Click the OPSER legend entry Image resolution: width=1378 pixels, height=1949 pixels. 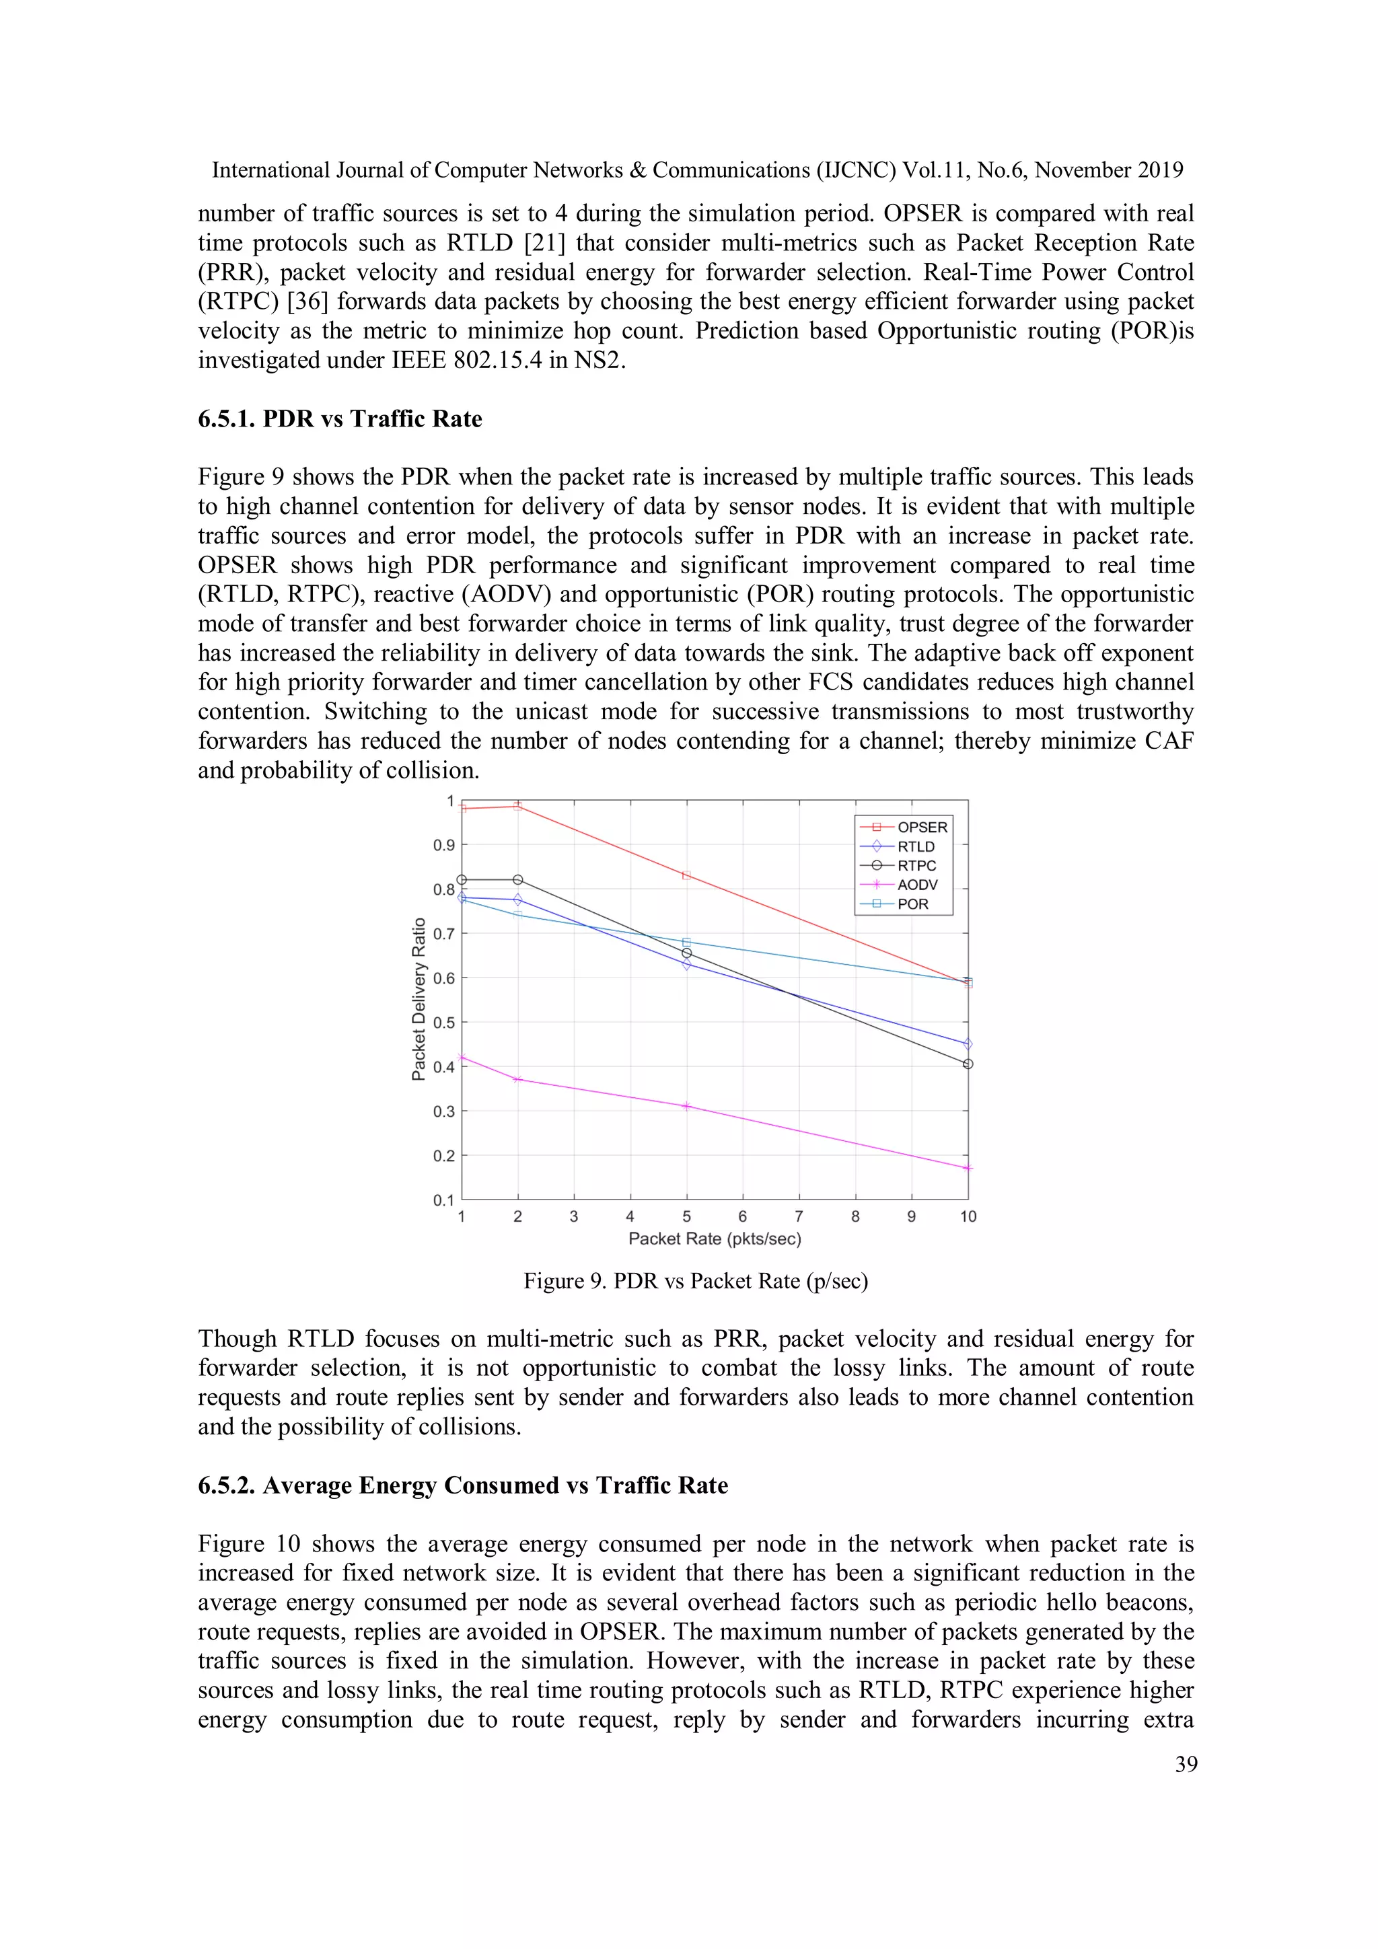tap(921, 827)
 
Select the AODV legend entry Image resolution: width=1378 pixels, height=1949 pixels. tap(917, 885)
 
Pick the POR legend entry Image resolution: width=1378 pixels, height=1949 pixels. tap(913, 904)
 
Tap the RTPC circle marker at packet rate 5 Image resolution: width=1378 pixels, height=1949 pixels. tap(687, 953)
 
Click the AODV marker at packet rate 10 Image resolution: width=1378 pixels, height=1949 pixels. tap(968, 1168)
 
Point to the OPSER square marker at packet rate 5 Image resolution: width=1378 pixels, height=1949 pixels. tap(687, 875)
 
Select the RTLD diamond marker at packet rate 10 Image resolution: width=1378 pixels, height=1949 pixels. tap(968, 1044)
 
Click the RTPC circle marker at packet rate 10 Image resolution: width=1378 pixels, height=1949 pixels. tap(968, 1064)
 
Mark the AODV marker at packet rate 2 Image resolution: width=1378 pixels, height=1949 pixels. tap(518, 1079)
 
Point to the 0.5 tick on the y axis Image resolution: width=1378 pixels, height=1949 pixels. tap(445, 1023)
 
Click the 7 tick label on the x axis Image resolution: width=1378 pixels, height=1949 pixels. tap(799, 1216)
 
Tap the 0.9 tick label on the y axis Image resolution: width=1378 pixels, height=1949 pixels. tap(445, 846)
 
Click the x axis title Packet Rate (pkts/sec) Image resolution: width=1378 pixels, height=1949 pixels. tap(715, 1239)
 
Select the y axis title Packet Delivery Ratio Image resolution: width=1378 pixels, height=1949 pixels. tap(418, 999)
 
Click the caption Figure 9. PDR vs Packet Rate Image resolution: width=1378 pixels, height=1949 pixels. tap(695, 1281)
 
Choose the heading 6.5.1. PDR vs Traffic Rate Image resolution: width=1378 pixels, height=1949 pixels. tap(340, 419)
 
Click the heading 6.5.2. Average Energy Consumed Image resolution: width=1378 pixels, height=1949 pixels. tap(463, 1485)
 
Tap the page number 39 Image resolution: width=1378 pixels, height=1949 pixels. tap(1186, 1764)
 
